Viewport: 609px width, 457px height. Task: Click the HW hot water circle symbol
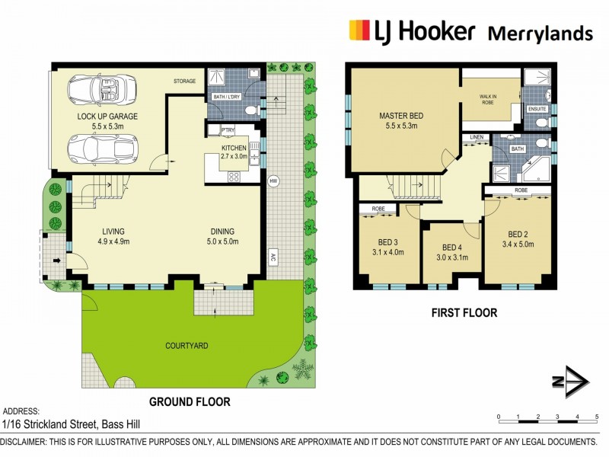coord(273,181)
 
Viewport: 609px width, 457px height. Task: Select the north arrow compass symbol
coord(571,382)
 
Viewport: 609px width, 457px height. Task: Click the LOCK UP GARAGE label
coord(107,117)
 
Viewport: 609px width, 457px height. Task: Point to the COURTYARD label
coord(187,346)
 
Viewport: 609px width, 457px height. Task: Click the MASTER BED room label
coord(401,116)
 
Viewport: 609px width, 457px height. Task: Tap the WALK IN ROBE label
coord(488,100)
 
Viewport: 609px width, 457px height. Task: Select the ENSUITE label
coord(537,109)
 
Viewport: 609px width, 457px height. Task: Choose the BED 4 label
coord(452,248)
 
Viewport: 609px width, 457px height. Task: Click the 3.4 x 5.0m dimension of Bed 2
coord(518,244)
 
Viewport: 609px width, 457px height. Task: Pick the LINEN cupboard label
coord(477,137)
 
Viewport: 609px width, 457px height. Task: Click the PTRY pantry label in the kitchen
coord(228,129)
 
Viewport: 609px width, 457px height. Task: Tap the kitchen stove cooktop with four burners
coord(234,177)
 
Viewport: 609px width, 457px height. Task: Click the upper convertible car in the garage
coord(102,90)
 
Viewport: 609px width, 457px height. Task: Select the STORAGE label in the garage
coord(184,81)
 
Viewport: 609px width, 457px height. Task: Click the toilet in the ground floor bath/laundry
coord(253,110)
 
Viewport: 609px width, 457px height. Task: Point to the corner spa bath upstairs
coord(536,169)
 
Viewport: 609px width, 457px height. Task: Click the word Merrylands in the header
coord(540,33)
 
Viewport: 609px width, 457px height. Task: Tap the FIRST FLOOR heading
coord(464,313)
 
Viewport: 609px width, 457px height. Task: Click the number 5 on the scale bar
coord(597,417)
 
